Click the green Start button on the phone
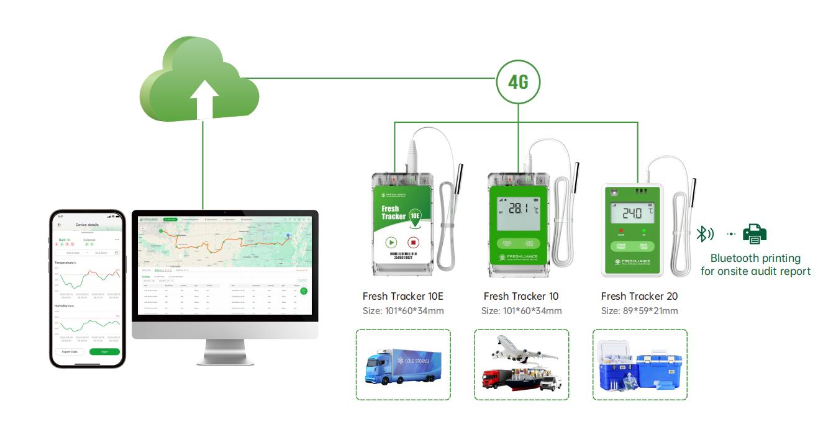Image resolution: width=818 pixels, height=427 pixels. point(104,351)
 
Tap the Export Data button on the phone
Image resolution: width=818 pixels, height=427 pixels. point(70,351)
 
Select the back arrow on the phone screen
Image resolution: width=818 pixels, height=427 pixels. point(60,225)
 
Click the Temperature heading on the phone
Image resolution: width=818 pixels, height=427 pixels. point(68,263)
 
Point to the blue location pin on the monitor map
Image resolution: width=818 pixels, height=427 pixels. point(288,235)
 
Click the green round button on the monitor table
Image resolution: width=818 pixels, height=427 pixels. point(304,290)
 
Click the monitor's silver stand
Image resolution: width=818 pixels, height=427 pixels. point(225,351)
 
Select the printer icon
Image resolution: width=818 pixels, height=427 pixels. point(755,233)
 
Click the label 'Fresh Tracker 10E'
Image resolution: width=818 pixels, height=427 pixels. point(402,296)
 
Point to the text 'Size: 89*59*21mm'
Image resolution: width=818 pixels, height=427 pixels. point(639,311)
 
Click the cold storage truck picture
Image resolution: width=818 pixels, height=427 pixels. point(403,364)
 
